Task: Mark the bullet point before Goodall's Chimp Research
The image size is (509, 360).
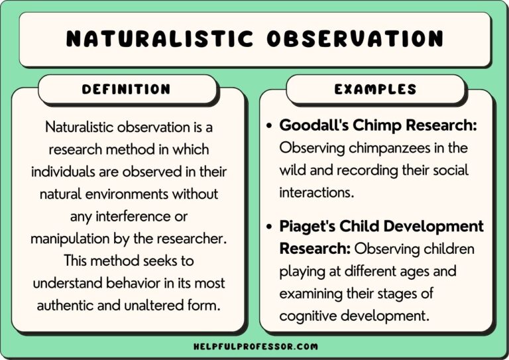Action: tap(268, 126)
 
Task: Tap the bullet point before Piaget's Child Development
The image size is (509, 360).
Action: tap(268, 227)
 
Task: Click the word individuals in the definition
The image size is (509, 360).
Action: tap(67, 171)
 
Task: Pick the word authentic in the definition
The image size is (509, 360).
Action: tap(65, 306)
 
